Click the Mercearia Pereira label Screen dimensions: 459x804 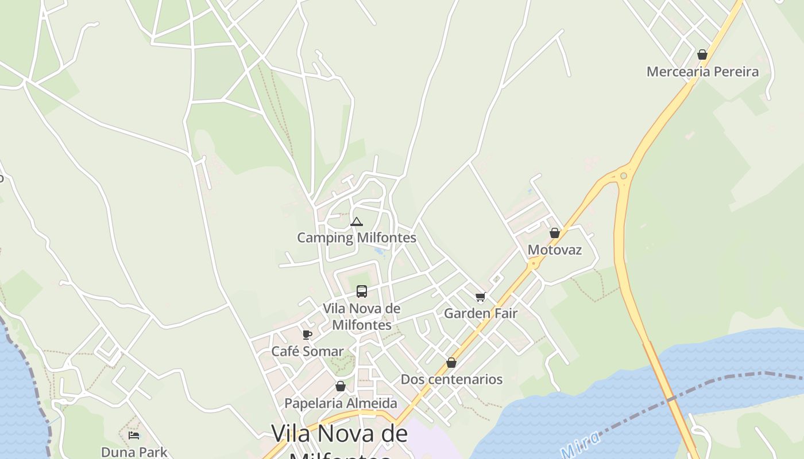[x=702, y=72]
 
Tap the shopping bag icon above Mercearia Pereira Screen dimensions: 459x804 [x=702, y=55]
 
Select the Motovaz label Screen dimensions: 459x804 [x=554, y=250]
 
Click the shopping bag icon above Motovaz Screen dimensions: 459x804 [x=554, y=233]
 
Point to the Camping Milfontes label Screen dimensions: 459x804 [x=356, y=238]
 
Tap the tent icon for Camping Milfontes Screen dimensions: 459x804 [x=356, y=221]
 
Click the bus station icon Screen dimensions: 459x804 [x=361, y=291]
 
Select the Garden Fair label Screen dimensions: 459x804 [x=480, y=314]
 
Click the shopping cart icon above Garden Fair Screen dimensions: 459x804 [x=480, y=297]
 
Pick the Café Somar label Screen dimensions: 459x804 [x=307, y=351]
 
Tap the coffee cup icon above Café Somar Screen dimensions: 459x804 [x=307, y=334]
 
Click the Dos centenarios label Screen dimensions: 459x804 [x=451, y=379]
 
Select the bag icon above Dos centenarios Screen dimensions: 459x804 [x=451, y=363]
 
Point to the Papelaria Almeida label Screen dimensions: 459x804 [x=341, y=403]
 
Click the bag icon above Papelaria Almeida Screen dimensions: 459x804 [x=341, y=386]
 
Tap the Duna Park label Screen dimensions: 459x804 [x=134, y=452]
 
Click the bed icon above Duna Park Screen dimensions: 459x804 [x=134, y=435]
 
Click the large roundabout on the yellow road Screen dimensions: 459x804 [x=624, y=176]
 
